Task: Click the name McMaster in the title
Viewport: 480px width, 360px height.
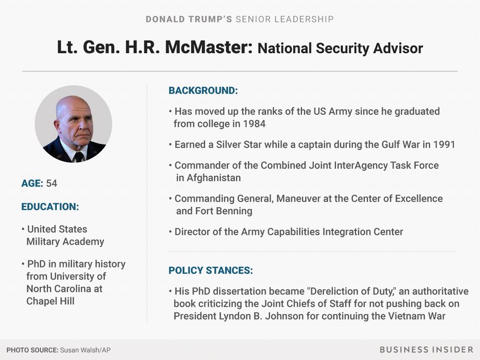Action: (209, 47)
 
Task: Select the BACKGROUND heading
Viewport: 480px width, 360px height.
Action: (203, 91)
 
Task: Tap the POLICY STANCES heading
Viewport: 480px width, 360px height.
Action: (211, 270)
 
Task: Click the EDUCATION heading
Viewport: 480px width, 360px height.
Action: (50, 207)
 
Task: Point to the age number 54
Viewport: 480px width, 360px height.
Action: (52, 183)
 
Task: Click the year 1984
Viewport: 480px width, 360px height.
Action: (254, 124)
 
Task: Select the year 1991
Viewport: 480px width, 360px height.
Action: (444, 145)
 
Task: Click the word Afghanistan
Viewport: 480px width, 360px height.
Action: (214, 178)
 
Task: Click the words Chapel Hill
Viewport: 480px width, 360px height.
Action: (51, 301)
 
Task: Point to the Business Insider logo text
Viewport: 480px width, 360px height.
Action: (426, 350)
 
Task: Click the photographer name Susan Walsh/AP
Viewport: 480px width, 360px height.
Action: (85, 350)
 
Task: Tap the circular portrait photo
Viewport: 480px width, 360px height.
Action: (74, 124)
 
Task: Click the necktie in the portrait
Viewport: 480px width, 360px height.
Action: (78, 157)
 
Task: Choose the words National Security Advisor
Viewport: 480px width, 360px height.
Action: (340, 49)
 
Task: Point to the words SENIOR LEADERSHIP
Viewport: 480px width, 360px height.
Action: (284, 19)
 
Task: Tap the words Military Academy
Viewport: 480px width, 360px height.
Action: (65, 242)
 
